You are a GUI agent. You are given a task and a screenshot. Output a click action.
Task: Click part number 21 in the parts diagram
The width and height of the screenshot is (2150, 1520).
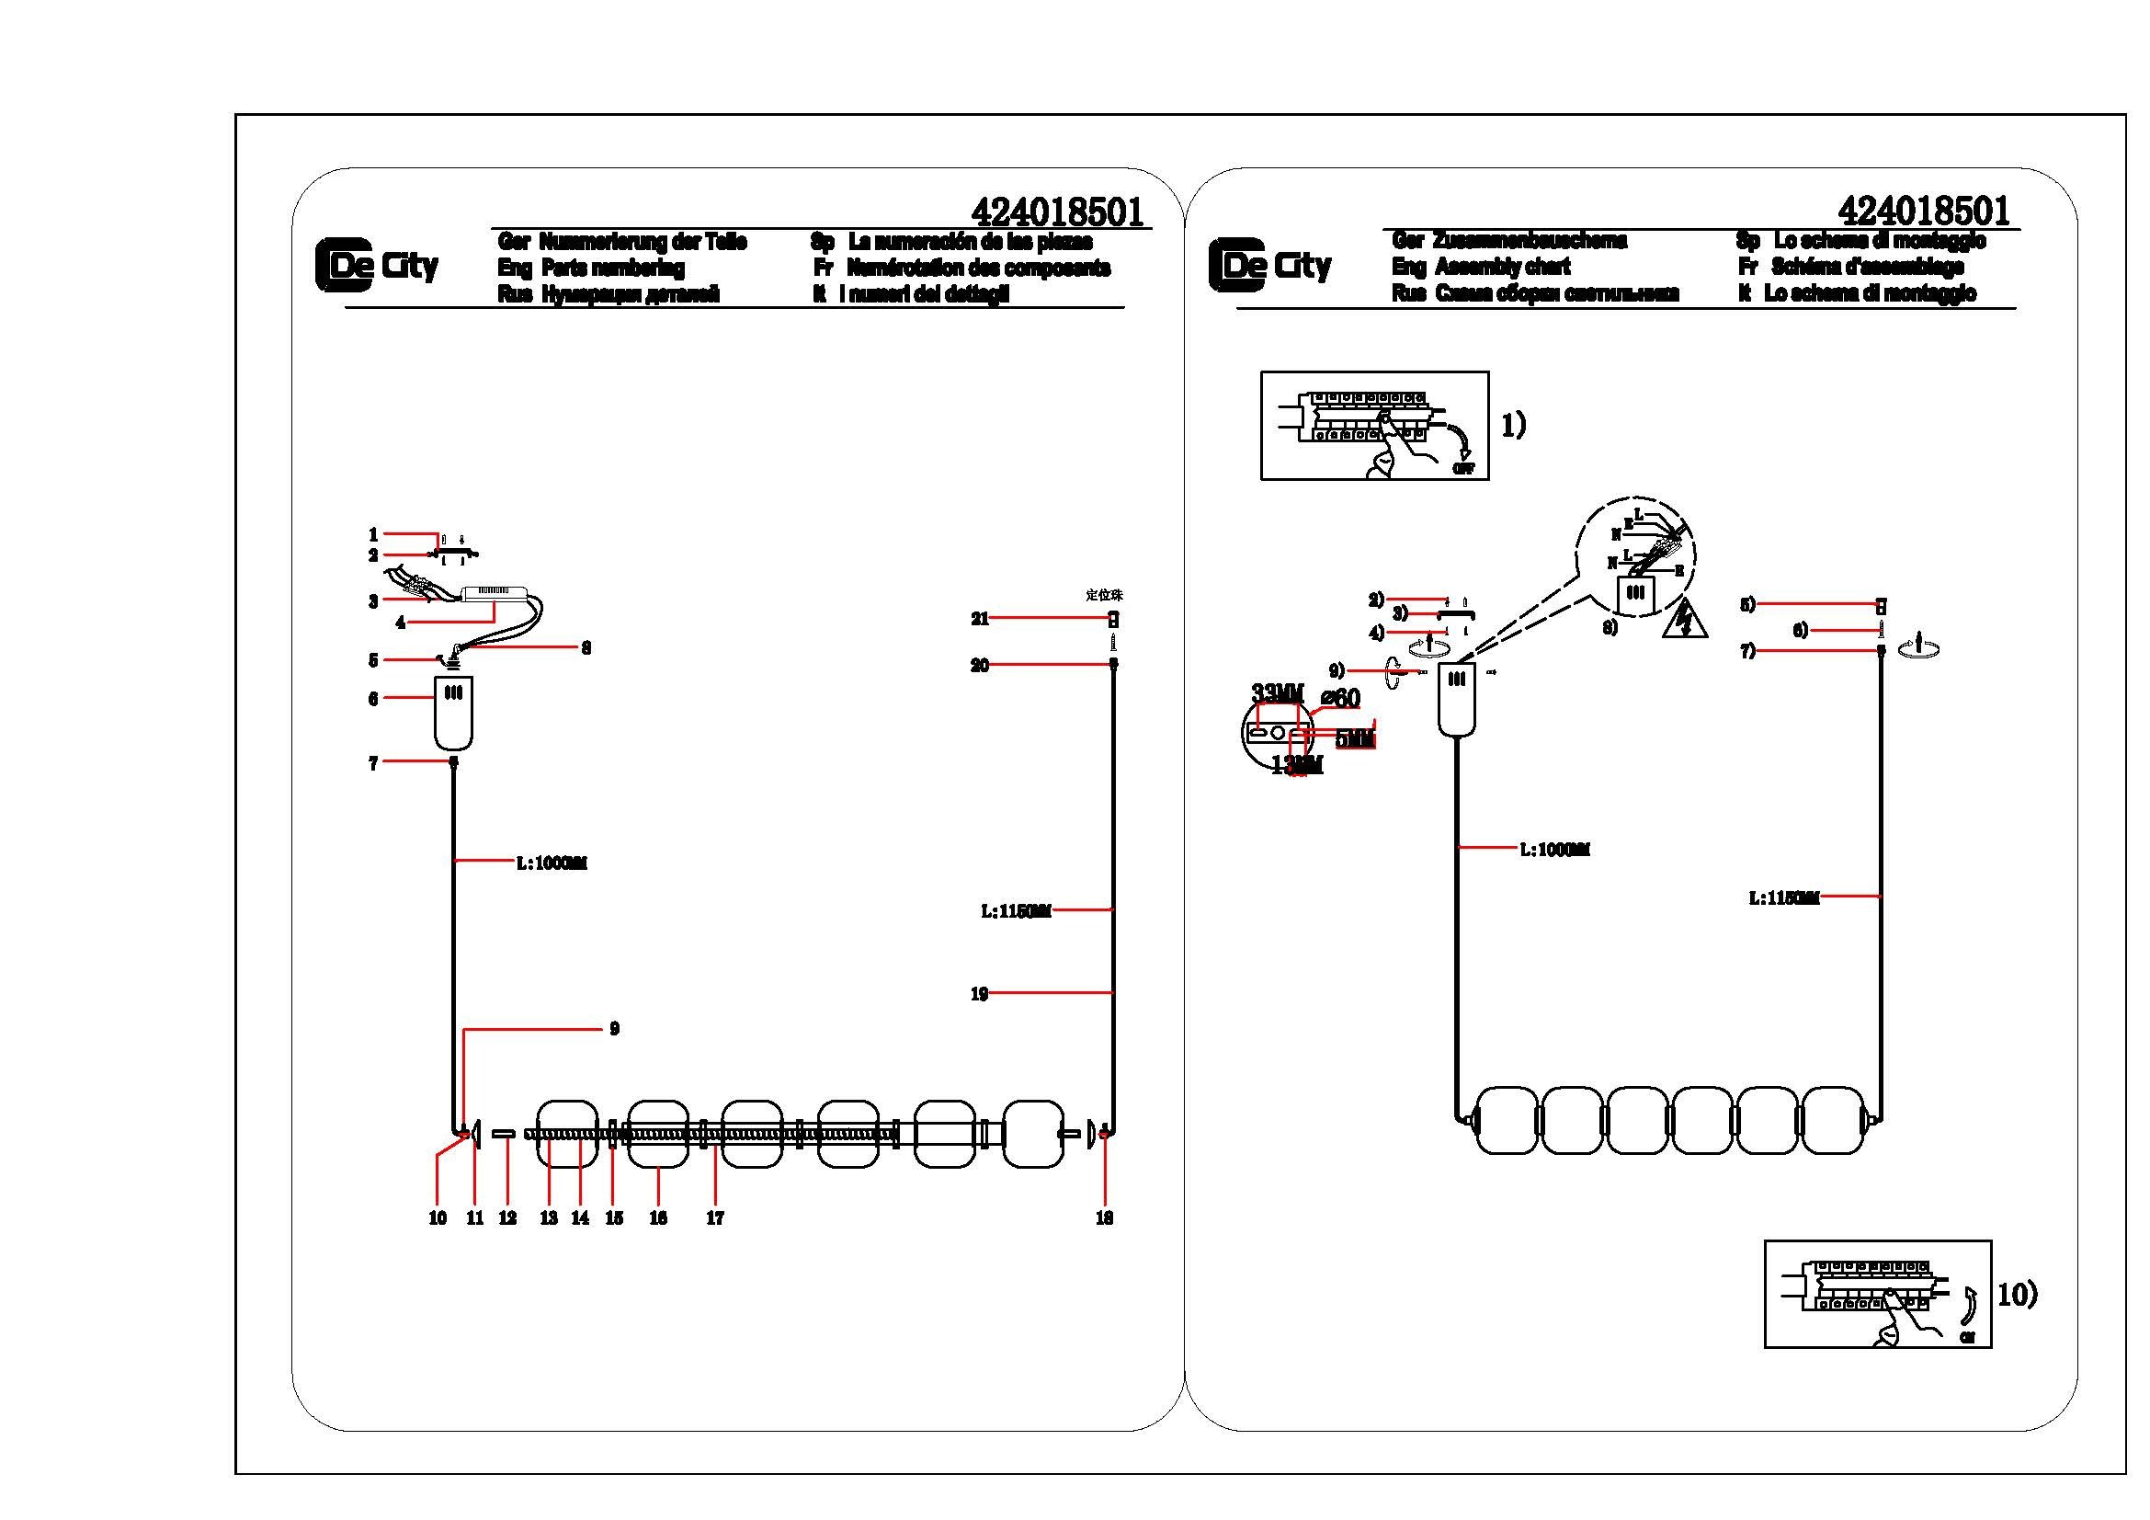(x=980, y=619)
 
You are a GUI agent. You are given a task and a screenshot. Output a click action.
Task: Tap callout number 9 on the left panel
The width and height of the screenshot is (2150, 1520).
(x=614, y=1029)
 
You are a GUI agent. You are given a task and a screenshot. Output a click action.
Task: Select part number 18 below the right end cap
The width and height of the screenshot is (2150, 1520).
(x=1104, y=1218)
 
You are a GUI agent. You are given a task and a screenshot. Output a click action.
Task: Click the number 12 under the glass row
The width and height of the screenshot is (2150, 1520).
(x=507, y=1218)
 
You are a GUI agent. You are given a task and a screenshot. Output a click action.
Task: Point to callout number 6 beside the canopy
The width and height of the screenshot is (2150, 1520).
(x=372, y=699)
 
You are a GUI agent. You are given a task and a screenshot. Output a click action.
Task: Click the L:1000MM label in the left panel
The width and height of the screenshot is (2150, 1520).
(x=552, y=863)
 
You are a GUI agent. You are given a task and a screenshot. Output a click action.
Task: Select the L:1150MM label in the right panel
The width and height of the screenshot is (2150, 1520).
(x=1784, y=897)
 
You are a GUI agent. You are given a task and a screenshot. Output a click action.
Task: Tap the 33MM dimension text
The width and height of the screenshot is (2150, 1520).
(x=1278, y=693)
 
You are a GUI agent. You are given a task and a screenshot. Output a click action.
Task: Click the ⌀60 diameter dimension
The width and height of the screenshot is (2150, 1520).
(x=1340, y=698)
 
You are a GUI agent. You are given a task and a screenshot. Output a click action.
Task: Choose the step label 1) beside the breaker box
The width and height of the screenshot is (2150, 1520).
(x=1513, y=425)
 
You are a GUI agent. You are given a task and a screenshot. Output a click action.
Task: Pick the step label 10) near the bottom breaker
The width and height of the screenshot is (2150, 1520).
(x=2017, y=1295)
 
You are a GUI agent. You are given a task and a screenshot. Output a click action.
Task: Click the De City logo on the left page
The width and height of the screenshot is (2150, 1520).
(x=378, y=266)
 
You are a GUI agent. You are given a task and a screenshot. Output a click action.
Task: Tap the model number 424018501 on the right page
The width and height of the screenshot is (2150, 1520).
(x=1923, y=211)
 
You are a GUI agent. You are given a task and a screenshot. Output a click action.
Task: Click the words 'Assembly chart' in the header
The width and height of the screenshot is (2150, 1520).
(x=1502, y=267)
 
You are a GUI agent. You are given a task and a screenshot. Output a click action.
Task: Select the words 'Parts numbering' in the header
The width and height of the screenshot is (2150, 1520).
(x=612, y=268)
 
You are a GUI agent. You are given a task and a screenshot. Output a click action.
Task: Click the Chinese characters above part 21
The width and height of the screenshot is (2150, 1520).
(x=1104, y=595)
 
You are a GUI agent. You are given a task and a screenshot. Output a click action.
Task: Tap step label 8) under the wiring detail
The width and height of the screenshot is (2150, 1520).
(x=1609, y=628)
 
